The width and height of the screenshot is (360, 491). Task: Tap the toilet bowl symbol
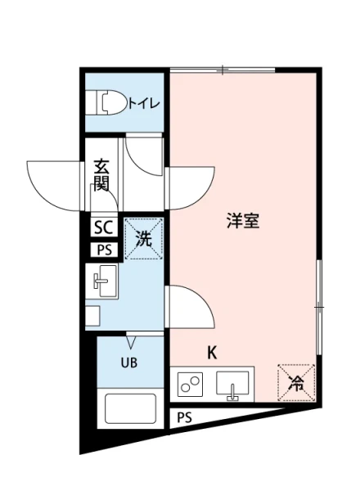point(111,103)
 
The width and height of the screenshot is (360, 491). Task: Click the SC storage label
point(104,227)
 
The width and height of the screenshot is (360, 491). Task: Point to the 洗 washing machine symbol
point(144,240)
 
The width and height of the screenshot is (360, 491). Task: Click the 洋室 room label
point(243,221)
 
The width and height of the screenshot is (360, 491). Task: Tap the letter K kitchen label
point(211,354)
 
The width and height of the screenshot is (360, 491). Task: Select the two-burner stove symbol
point(191,384)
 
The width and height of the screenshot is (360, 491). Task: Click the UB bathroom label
point(129,363)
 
